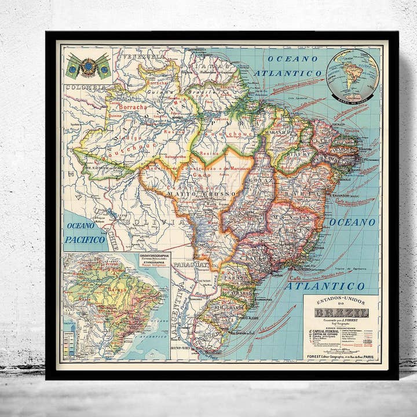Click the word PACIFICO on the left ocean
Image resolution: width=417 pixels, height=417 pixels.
click(85, 239)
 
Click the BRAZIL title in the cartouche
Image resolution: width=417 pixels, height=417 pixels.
click(341, 313)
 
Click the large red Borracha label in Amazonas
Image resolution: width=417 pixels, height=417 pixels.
click(133, 107)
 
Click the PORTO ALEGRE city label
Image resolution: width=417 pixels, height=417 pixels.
click(246, 318)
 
